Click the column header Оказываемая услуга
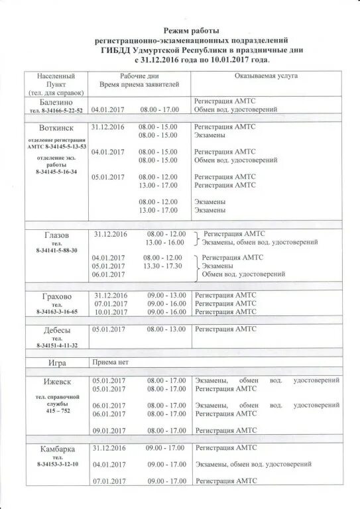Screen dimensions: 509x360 coord(266,76)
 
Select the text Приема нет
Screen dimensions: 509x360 coord(111,363)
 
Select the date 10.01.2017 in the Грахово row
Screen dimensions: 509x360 coord(109,311)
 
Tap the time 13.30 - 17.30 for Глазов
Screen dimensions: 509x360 coord(162,266)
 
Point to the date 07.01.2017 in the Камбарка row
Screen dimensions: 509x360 coord(109,481)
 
